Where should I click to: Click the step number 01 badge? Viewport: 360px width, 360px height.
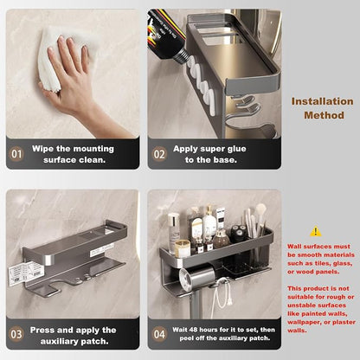click(x=16, y=154)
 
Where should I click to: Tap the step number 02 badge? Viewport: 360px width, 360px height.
click(x=159, y=154)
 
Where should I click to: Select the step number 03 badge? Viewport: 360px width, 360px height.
click(x=16, y=334)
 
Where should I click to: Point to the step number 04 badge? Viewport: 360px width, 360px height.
click(x=159, y=334)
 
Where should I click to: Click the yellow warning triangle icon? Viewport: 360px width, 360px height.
click(x=316, y=231)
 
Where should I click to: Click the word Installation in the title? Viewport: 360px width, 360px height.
click(x=322, y=101)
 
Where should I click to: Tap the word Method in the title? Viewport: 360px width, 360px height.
click(x=324, y=115)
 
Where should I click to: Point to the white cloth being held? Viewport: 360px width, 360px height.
click(x=58, y=58)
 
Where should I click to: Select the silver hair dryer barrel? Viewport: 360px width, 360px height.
click(x=196, y=277)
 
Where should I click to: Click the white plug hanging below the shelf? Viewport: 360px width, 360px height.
click(x=230, y=301)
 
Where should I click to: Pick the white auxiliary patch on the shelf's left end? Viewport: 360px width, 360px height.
click(x=21, y=273)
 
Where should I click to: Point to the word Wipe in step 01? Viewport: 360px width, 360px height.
click(x=43, y=149)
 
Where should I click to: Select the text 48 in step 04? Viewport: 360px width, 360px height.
click(x=193, y=330)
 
